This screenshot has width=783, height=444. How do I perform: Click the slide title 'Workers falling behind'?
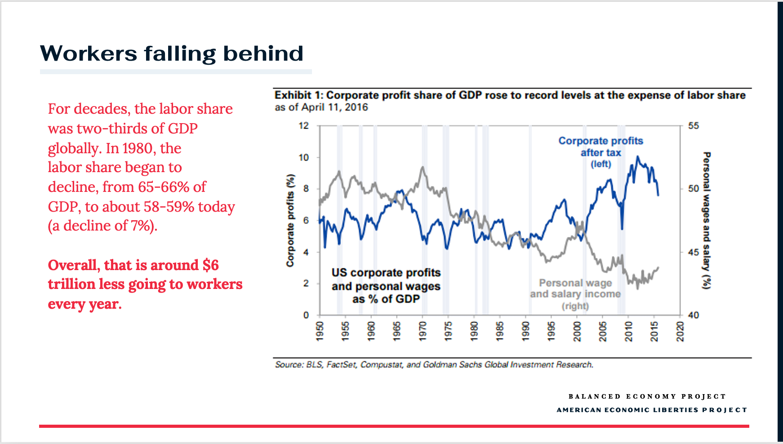coord(172,53)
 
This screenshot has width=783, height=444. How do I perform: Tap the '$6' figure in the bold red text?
coord(210,265)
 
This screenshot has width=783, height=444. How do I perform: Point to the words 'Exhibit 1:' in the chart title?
coord(298,95)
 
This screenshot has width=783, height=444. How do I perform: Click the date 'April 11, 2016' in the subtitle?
coord(334,107)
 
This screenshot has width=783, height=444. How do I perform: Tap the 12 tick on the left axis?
coord(304,126)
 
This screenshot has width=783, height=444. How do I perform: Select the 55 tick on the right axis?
coord(694,126)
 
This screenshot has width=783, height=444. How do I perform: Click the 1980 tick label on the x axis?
coord(474,331)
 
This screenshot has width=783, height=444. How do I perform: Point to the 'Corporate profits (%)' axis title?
coord(291,220)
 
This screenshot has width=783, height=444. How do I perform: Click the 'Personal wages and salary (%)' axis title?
coord(707,220)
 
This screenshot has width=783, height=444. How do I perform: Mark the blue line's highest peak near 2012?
coord(637,157)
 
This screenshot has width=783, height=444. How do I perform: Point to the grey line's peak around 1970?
coord(423,168)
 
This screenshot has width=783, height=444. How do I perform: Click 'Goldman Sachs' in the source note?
coord(458,364)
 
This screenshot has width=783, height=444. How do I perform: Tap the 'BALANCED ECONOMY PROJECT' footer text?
coord(647,396)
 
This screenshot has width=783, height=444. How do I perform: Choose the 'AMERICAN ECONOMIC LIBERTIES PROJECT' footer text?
coord(652,410)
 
